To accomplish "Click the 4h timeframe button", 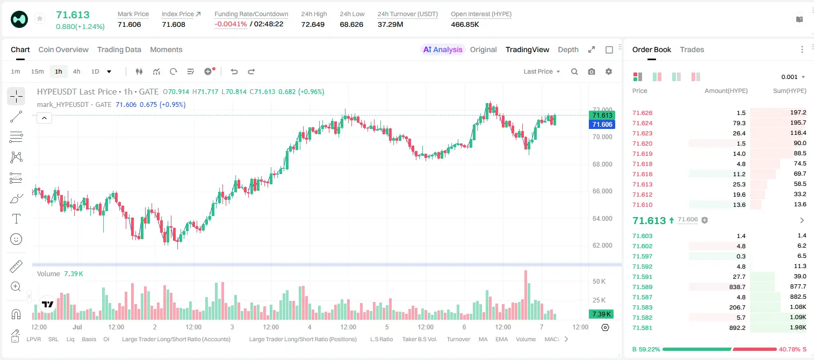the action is (x=76, y=71).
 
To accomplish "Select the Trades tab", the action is (x=692, y=49).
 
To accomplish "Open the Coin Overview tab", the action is (x=63, y=49).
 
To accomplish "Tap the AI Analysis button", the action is (x=443, y=49).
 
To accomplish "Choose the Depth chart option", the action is (x=568, y=49).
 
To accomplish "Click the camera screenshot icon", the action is (x=592, y=71).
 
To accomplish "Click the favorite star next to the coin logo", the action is (x=40, y=18).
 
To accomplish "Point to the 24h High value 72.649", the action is (x=313, y=24).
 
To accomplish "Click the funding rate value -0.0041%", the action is (x=230, y=24).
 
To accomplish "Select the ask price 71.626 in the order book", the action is (x=643, y=113).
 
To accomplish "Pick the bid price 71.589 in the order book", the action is (x=643, y=287).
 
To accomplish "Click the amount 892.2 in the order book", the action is (x=737, y=328).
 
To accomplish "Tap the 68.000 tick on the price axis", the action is (x=602, y=164).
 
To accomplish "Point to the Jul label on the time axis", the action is (x=77, y=327).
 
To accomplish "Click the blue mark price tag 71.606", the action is (x=602, y=125).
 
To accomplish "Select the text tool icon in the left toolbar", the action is (x=16, y=219).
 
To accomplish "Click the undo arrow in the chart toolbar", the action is (x=234, y=71).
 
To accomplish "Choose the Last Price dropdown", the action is (x=542, y=71).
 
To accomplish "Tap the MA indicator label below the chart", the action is (x=483, y=339).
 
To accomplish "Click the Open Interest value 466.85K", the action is (x=465, y=24).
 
